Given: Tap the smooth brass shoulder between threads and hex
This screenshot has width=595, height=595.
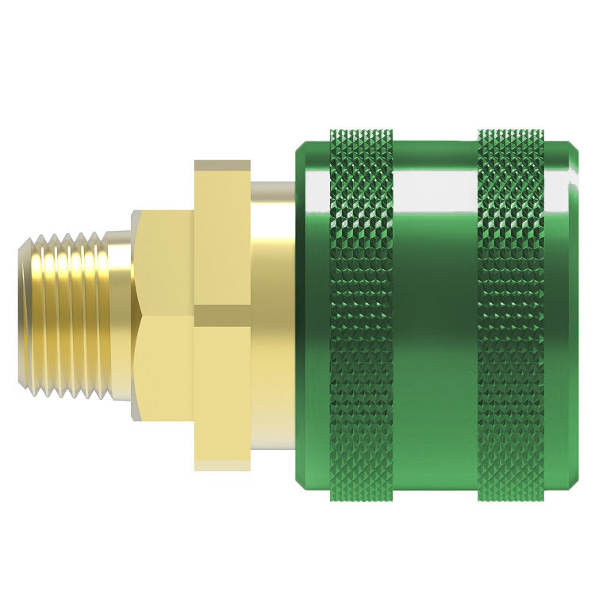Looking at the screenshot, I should tap(121, 317).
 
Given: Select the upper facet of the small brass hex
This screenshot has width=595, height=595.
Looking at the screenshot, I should tap(163, 262).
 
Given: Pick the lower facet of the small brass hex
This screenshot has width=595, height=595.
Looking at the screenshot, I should tap(163, 365).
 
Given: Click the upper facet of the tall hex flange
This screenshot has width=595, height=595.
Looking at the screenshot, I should tap(222, 238).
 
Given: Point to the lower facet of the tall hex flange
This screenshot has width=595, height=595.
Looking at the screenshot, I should tap(222, 397).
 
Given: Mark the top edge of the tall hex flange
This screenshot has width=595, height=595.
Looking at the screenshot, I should tap(222, 164).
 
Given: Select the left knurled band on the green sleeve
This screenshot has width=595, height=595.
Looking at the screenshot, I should tap(361, 317).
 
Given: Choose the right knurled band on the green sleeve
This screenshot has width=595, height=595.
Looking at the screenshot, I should tap(511, 317).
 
